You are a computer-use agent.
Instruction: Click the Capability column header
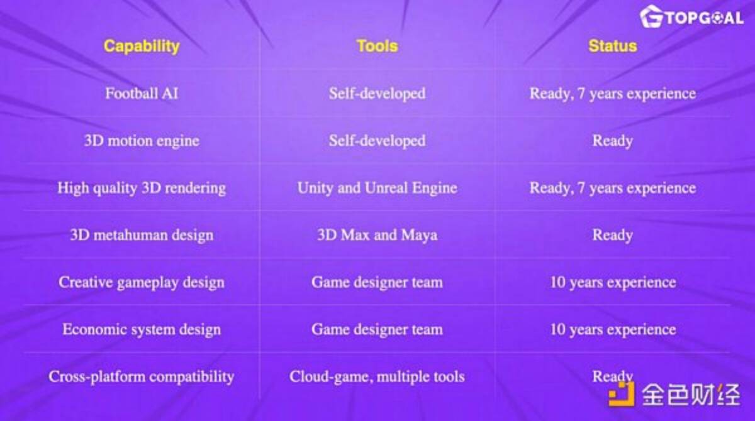[142, 46]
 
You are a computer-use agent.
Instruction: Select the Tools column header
[377, 46]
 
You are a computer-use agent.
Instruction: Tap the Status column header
[612, 46]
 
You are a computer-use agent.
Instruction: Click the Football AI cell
[142, 93]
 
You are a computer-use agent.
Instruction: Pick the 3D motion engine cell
[142, 141]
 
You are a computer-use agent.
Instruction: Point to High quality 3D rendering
[142, 188]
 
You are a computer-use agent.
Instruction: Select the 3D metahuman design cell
[142, 235]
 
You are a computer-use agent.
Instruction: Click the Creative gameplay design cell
[142, 282]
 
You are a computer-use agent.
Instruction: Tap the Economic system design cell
[142, 329]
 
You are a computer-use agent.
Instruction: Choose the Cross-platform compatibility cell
[142, 376]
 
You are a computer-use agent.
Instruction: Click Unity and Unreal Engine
[377, 188]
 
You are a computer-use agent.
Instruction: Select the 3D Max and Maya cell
[377, 235]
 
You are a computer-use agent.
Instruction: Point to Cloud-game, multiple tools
[377, 376]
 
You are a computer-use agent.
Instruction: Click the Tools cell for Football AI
[377, 94]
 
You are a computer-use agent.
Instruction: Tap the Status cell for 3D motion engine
[612, 141]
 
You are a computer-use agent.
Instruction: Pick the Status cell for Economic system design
[613, 329]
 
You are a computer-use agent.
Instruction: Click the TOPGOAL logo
[691, 17]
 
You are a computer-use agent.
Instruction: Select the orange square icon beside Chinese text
[621, 394]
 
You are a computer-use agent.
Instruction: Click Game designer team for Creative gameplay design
[377, 282]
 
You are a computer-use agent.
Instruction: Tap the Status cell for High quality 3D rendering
[612, 188]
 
